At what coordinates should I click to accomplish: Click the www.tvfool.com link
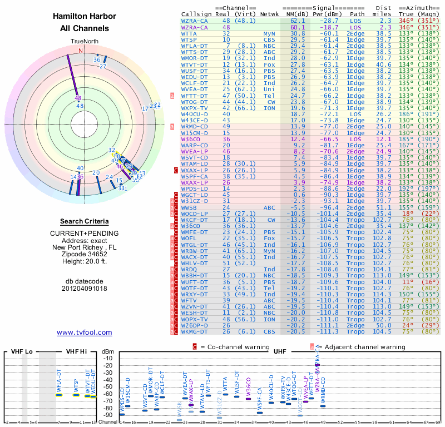pos(85,332)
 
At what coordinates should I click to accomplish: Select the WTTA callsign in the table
pos(189,33)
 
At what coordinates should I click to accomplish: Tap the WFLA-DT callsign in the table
pos(195,46)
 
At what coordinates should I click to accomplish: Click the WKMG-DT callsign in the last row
pos(195,331)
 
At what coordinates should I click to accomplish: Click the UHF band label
pos(280,351)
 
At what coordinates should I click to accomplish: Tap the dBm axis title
pos(108,351)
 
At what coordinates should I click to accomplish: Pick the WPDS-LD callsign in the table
pos(194,188)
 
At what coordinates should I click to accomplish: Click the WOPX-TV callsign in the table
pos(195,319)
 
